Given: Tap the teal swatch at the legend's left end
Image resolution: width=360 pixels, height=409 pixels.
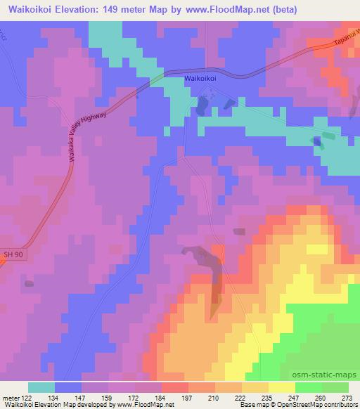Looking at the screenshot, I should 41,387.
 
